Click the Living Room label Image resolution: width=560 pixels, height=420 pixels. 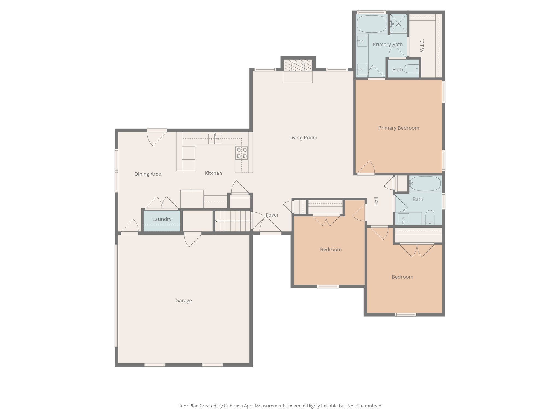coord(303,138)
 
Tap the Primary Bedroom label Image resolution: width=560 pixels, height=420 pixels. coord(398,128)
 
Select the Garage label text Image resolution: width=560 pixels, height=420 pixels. coord(183,301)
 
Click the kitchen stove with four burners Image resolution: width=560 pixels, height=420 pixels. coord(242,153)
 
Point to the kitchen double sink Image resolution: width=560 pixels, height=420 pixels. coord(215,139)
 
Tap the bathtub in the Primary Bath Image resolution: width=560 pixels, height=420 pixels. coord(371,24)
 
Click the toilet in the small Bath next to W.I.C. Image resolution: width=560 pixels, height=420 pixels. coord(411,69)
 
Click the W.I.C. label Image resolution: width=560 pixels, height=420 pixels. coord(422,45)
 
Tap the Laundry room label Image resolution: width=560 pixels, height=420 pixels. coord(162,219)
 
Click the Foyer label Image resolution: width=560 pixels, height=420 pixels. coord(272,215)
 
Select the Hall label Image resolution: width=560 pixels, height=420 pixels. coord(377,201)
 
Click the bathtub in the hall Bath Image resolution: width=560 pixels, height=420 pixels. coord(425,183)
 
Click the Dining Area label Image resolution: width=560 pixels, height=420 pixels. coord(148,174)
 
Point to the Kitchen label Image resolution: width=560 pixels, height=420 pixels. coord(213,173)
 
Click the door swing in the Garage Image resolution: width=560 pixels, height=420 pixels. coord(192,240)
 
